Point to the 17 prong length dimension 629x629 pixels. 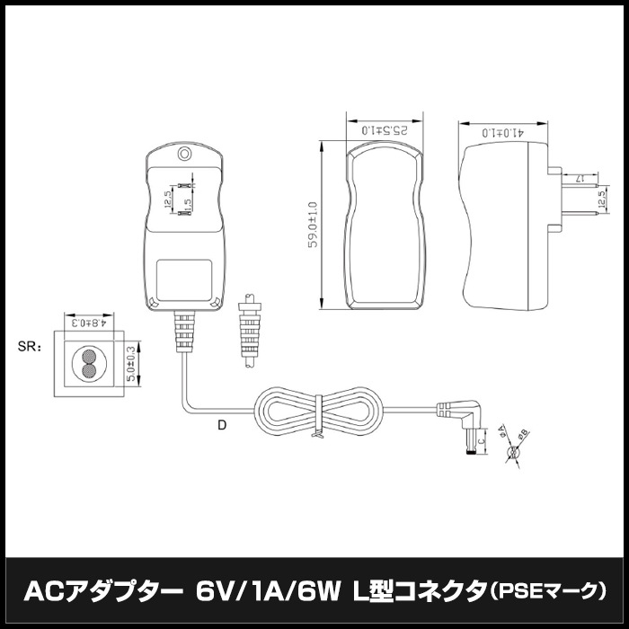tap(580, 178)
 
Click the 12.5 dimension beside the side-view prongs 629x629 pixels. tap(601, 194)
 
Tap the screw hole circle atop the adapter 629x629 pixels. tap(184, 154)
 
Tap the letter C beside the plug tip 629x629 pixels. tap(482, 440)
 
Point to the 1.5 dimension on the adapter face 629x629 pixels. tap(188, 204)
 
